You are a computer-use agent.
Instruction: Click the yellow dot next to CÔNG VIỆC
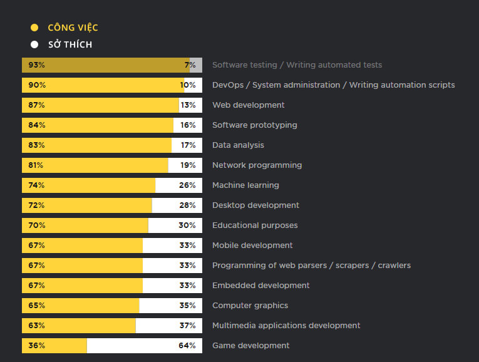tap(34, 28)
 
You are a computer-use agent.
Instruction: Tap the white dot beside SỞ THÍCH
tap(34, 44)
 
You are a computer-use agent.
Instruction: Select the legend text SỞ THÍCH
tap(70, 44)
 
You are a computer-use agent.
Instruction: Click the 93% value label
tap(36, 65)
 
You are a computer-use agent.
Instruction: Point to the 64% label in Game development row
tap(187, 346)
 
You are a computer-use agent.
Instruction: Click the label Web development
tap(248, 105)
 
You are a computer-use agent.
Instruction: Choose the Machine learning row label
tap(245, 185)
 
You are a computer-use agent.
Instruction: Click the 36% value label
tap(36, 346)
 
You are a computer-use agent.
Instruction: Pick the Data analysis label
tap(238, 145)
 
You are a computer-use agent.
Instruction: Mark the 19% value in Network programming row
tap(188, 165)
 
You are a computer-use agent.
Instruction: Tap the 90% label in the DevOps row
tap(36, 85)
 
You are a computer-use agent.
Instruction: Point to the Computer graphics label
tap(250, 306)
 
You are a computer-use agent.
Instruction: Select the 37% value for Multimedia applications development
tap(187, 326)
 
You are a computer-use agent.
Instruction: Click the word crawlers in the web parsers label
tap(393, 266)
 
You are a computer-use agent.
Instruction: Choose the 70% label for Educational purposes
tap(36, 225)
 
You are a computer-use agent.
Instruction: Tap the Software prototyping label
tap(254, 125)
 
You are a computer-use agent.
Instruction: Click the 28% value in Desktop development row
tap(187, 205)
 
